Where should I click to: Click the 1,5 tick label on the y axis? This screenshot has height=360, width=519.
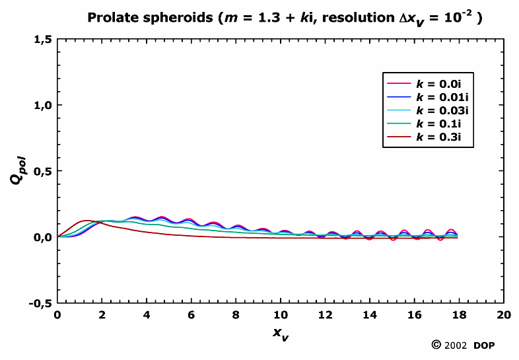point(42,40)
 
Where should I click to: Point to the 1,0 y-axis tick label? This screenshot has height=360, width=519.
point(42,106)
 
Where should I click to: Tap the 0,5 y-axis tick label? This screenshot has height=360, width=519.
point(42,171)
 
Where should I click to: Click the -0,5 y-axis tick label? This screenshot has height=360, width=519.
point(40,303)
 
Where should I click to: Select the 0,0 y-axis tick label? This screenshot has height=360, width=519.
point(42,237)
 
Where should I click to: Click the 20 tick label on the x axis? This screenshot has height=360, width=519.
point(504,314)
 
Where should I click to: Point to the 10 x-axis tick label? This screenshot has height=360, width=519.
point(281,314)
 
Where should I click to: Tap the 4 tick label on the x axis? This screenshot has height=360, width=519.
point(147,314)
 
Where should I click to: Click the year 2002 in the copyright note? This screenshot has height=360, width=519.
point(456,345)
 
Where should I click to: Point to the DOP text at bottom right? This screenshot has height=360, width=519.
point(483,345)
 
